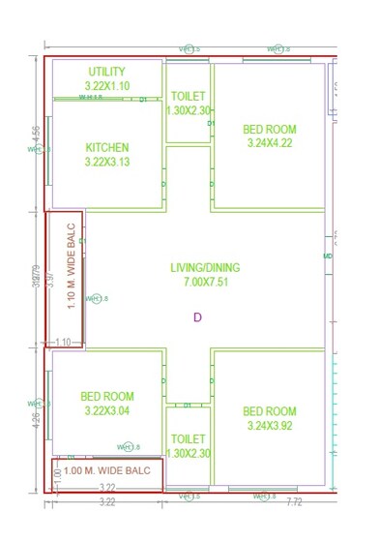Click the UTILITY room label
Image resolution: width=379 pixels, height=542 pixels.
tap(107, 72)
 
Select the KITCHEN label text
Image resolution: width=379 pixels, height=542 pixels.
tap(107, 148)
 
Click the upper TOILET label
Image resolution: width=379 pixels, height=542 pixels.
tap(188, 97)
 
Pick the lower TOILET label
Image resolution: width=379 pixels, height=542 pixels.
tap(188, 438)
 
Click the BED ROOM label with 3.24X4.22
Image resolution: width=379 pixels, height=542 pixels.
tap(270, 129)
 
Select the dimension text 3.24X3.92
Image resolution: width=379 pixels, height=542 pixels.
tap(270, 425)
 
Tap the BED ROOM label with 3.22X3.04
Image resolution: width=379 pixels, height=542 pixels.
tap(107, 396)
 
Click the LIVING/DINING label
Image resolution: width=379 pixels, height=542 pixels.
tap(205, 268)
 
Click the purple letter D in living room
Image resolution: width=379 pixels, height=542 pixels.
tap(197, 316)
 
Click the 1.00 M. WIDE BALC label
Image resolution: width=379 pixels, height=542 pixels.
tap(107, 469)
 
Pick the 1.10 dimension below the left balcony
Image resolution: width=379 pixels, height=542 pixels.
tap(63, 342)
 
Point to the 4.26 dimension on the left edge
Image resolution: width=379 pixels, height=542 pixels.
tap(37, 419)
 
